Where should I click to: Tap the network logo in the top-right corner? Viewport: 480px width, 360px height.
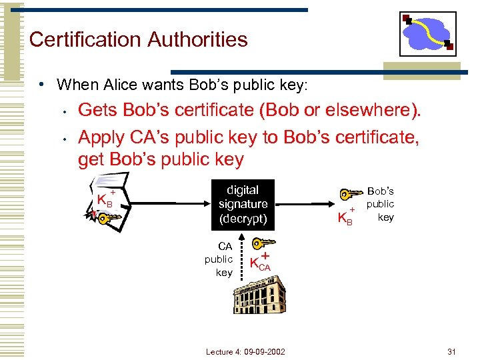tap(427, 33)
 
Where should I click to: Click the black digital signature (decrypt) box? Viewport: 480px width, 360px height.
tap(243, 205)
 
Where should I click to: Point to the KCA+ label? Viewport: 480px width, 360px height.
tap(260, 262)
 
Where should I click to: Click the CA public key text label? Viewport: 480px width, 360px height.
tap(219, 259)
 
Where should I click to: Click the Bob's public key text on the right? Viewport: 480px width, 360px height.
tap(381, 204)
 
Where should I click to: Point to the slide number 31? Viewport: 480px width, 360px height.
tap(451, 351)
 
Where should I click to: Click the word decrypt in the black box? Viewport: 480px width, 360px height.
tap(243, 219)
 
